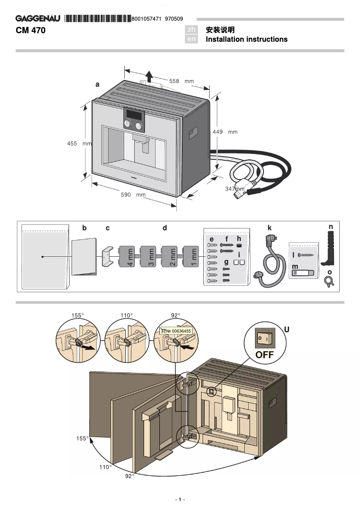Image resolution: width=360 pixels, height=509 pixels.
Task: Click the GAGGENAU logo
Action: (x=38, y=19)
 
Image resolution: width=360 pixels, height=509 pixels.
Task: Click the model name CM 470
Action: (x=31, y=31)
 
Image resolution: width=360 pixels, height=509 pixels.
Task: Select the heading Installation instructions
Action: (x=246, y=39)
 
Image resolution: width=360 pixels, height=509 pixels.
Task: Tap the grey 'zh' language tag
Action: (x=192, y=30)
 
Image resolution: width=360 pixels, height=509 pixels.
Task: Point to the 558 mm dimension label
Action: (x=181, y=81)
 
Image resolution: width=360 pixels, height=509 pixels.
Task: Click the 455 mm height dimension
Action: (x=79, y=144)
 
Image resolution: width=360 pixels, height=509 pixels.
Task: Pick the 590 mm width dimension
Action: (x=134, y=195)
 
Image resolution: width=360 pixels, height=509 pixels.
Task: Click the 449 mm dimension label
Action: (x=224, y=132)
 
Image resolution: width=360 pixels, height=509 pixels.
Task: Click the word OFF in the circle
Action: (x=264, y=355)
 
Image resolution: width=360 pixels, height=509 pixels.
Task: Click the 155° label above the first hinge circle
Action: (x=77, y=316)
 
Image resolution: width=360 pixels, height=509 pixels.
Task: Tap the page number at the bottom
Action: (x=180, y=500)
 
